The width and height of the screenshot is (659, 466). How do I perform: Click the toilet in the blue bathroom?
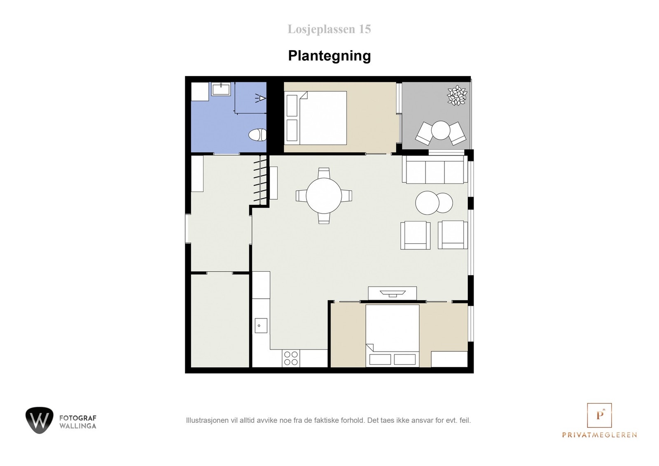[258, 135]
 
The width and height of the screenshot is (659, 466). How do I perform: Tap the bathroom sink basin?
[222, 89]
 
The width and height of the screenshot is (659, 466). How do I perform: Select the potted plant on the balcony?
[457, 96]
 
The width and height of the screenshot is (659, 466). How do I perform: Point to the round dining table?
[324, 196]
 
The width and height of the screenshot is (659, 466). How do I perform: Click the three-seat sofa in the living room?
[435, 170]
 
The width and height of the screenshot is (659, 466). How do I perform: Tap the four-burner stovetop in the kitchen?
[290, 358]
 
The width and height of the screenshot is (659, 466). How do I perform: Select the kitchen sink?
[260, 325]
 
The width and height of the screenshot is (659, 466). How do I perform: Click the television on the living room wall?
[392, 293]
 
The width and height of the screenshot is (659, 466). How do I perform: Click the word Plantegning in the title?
[329, 56]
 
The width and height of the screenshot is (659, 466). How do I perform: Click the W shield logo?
[39, 420]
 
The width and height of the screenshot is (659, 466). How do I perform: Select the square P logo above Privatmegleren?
[599, 415]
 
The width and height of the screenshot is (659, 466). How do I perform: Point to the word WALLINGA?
[78, 426]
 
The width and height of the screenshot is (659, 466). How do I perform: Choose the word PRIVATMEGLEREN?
[599, 435]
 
